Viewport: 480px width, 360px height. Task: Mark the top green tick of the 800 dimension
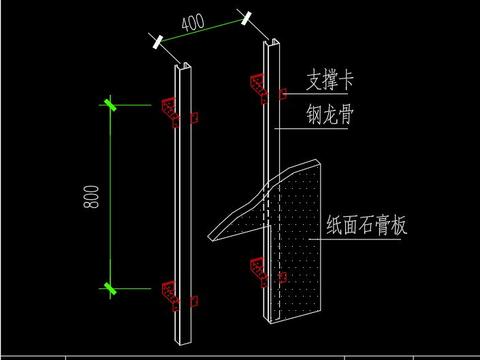[x=110, y=103]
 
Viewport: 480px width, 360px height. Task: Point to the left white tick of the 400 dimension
[x=157, y=41]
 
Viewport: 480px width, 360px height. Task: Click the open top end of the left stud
[x=180, y=68]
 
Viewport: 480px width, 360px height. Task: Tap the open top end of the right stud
[x=272, y=44]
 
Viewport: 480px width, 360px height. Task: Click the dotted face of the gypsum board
[x=300, y=240]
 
